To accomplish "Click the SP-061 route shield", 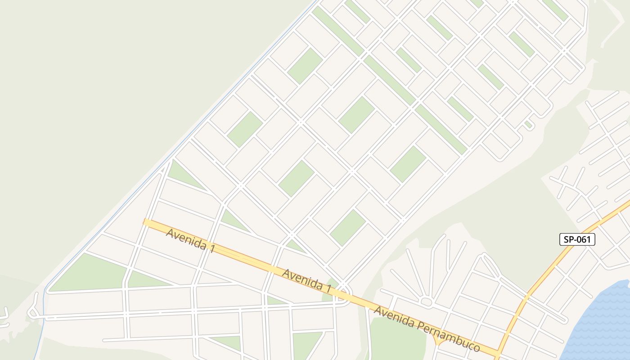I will click(x=577, y=239).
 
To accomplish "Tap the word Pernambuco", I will click(x=456, y=335).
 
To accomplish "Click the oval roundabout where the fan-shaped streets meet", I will click(x=426, y=302).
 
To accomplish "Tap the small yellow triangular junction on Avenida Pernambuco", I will click(x=439, y=341).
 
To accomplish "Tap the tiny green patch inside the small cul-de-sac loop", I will click(x=528, y=124).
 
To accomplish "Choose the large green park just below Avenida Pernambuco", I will click(x=396, y=337).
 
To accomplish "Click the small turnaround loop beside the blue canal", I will click(x=32, y=310).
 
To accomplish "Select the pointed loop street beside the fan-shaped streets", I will click(x=488, y=265).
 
